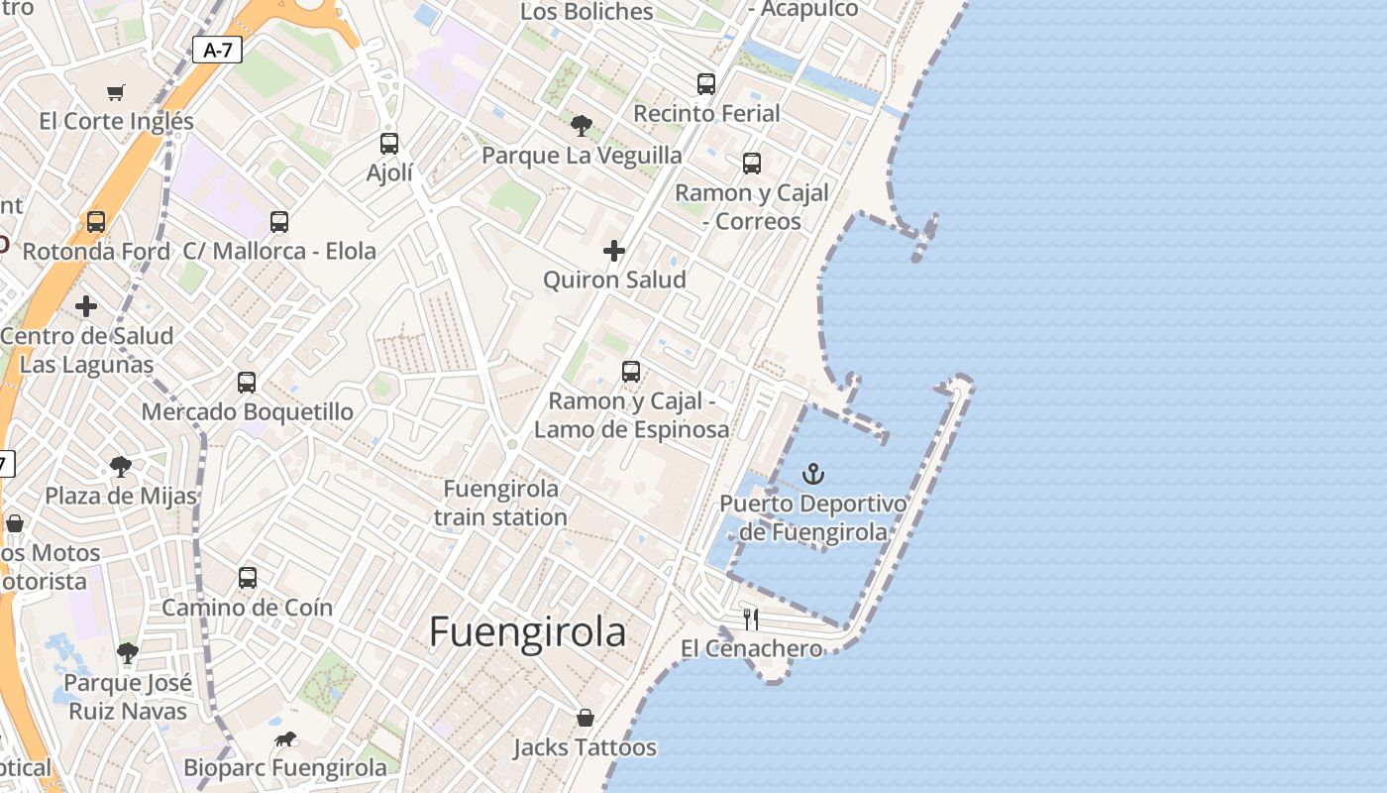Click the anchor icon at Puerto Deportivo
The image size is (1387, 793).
813,473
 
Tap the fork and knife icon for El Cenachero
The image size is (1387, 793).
751,620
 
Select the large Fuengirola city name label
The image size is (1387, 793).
527,632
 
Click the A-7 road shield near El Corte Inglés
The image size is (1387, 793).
217,50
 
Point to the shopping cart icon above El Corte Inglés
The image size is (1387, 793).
116,92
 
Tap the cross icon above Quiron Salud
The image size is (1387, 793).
614,251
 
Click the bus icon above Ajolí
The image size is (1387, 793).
389,143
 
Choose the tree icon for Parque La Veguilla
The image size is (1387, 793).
582,126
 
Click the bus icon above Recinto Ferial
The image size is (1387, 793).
706,84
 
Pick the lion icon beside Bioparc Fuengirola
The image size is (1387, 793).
285,738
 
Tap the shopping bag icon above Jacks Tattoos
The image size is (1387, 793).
586,717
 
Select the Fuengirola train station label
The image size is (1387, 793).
500,503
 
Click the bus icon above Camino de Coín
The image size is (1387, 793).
248,577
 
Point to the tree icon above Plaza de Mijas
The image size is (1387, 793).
121,466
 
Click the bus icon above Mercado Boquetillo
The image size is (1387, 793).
247,382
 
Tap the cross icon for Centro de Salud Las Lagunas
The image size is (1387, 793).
86,306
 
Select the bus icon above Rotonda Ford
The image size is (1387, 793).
96,221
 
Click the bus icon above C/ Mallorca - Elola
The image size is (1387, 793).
279,221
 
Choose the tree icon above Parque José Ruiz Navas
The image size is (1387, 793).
127,652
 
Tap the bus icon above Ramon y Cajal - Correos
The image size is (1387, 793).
752,163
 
